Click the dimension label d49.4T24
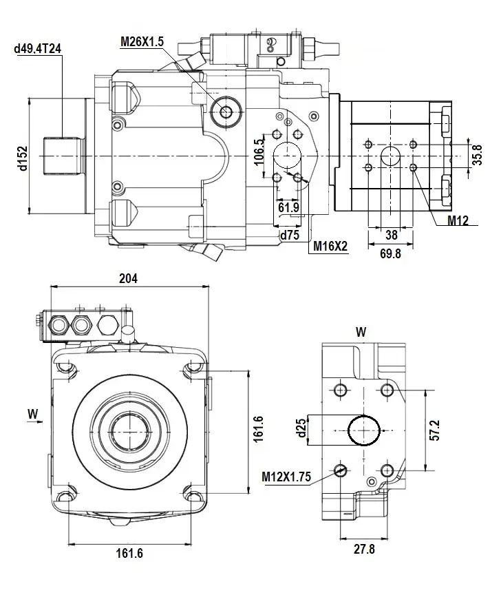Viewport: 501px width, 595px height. point(37,48)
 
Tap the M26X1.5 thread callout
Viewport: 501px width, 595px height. point(142,41)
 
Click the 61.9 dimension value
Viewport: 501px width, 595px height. point(288,207)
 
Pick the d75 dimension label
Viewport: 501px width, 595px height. point(288,235)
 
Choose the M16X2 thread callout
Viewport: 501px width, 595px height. point(330,246)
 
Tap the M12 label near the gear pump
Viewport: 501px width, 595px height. point(458,221)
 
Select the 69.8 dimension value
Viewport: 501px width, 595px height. point(390,253)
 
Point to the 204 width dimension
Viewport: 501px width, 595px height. point(129,278)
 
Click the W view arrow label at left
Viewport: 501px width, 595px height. point(32,413)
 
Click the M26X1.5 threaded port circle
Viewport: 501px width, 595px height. point(225,110)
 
